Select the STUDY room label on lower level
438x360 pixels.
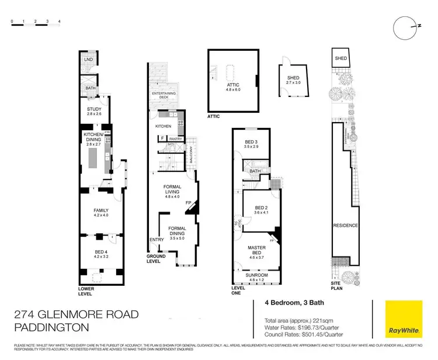(x=94, y=111)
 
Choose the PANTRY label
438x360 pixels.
(x=176, y=139)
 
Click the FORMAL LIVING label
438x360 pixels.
(x=172, y=189)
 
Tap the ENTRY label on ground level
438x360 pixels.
(x=157, y=240)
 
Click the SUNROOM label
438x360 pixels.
(x=258, y=277)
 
